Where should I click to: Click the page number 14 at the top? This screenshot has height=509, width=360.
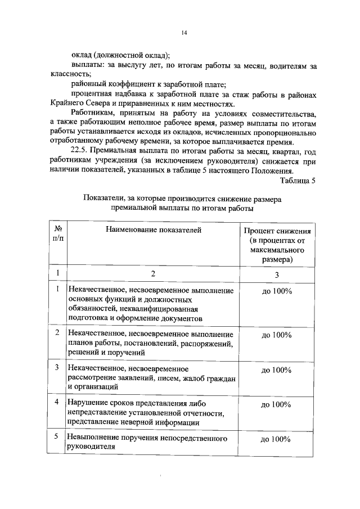[184, 33]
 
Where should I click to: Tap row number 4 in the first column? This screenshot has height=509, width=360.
[57, 403]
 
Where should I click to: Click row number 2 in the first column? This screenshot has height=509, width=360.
[57, 333]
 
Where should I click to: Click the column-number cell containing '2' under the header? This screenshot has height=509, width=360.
[152, 274]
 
